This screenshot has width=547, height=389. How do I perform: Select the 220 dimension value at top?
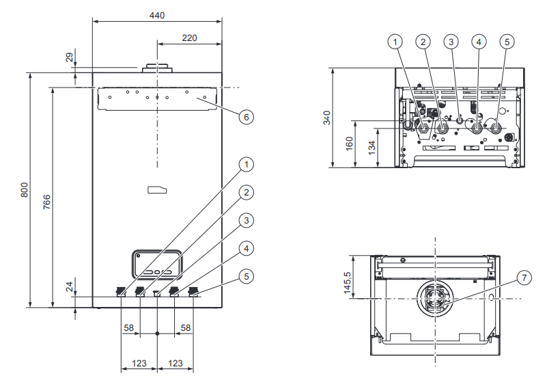pyautogui.click(x=189, y=38)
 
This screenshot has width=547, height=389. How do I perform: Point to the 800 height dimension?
pyautogui.click(x=24, y=189)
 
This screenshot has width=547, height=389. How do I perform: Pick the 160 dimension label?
pyautogui.click(x=350, y=144)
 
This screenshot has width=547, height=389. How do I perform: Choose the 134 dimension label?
pyautogui.click(x=372, y=148)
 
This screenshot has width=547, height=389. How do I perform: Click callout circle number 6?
pyautogui.click(x=247, y=116)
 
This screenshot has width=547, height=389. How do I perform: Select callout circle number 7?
pyautogui.click(x=523, y=278)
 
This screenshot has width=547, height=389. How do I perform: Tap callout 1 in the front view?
pyautogui.click(x=247, y=164)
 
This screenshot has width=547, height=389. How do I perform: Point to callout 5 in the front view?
pyautogui.click(x=247, y=277)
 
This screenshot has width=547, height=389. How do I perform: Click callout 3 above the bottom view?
pyautogui.click(x=451, y=42)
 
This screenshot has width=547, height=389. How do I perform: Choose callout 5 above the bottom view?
pyautogui.click(x=506, y=42)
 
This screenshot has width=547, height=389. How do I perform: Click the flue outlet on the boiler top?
pyautogui.click(x=158, y=69)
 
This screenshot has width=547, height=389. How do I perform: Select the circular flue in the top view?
pyautogui.click(x=435, y=299)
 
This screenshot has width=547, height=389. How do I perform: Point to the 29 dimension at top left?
pyautogui.click(x=69, y=58)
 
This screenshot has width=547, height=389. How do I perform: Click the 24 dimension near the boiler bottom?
pyautogui.click(x=69, y=288)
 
